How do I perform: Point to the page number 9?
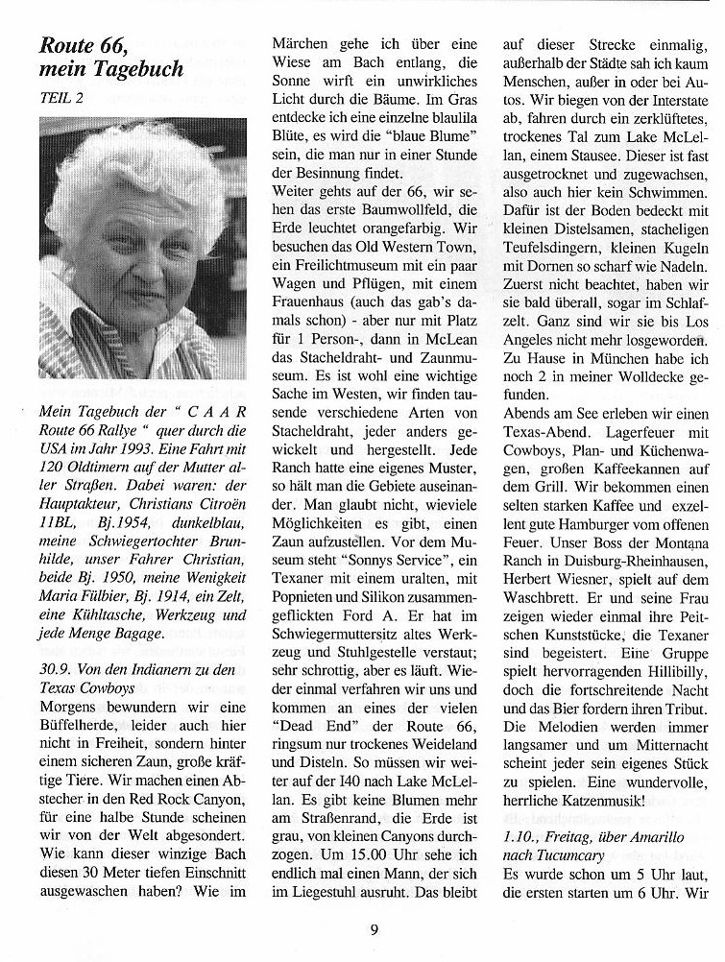click(x=375, y=928)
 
